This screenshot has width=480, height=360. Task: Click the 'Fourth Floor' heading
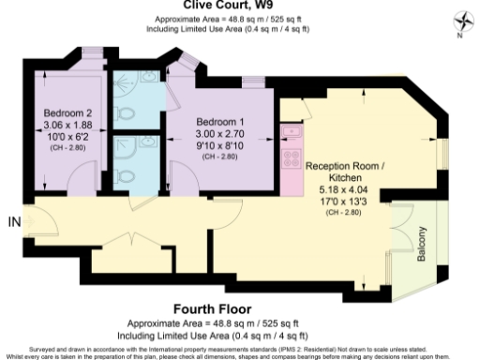click(x=240, y=307)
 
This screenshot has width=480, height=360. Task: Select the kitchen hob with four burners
click(x=290, y=157)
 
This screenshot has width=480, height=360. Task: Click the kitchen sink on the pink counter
click(x=291, y=130)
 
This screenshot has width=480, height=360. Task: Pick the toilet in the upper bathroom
click(x=126, y=108)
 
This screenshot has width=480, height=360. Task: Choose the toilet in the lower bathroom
click(x=127, y=173)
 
